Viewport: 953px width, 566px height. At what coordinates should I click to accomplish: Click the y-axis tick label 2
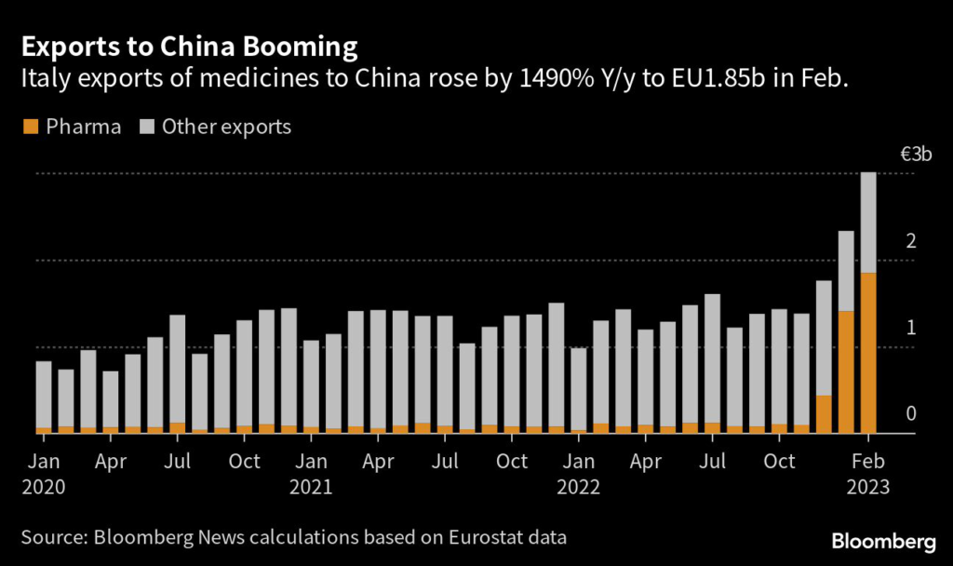tap(911, 242)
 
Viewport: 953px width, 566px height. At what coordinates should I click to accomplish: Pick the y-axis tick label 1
tap(911, 328)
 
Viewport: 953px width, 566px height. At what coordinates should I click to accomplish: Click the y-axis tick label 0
tap(911, 413)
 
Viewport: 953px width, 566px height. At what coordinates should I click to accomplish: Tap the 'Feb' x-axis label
tap(868, 462)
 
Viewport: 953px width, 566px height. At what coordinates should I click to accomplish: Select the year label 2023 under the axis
tap(868, 487)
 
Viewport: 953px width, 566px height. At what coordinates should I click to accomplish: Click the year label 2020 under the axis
tap(43, 487)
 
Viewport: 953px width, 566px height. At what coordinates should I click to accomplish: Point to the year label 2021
tap(311, 487)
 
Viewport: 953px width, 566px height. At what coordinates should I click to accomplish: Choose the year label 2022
tap(579, 487)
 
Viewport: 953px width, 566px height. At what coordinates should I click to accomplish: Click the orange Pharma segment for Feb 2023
tap(868, 354)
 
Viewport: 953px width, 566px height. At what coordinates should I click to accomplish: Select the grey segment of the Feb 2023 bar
tap(868, 223)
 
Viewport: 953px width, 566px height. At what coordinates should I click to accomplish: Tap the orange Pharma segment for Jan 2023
tap(846, 372)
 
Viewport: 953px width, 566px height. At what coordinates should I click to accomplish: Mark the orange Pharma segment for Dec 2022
tap(824, 415)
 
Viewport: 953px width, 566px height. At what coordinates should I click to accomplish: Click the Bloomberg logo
tap(882, 541)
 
